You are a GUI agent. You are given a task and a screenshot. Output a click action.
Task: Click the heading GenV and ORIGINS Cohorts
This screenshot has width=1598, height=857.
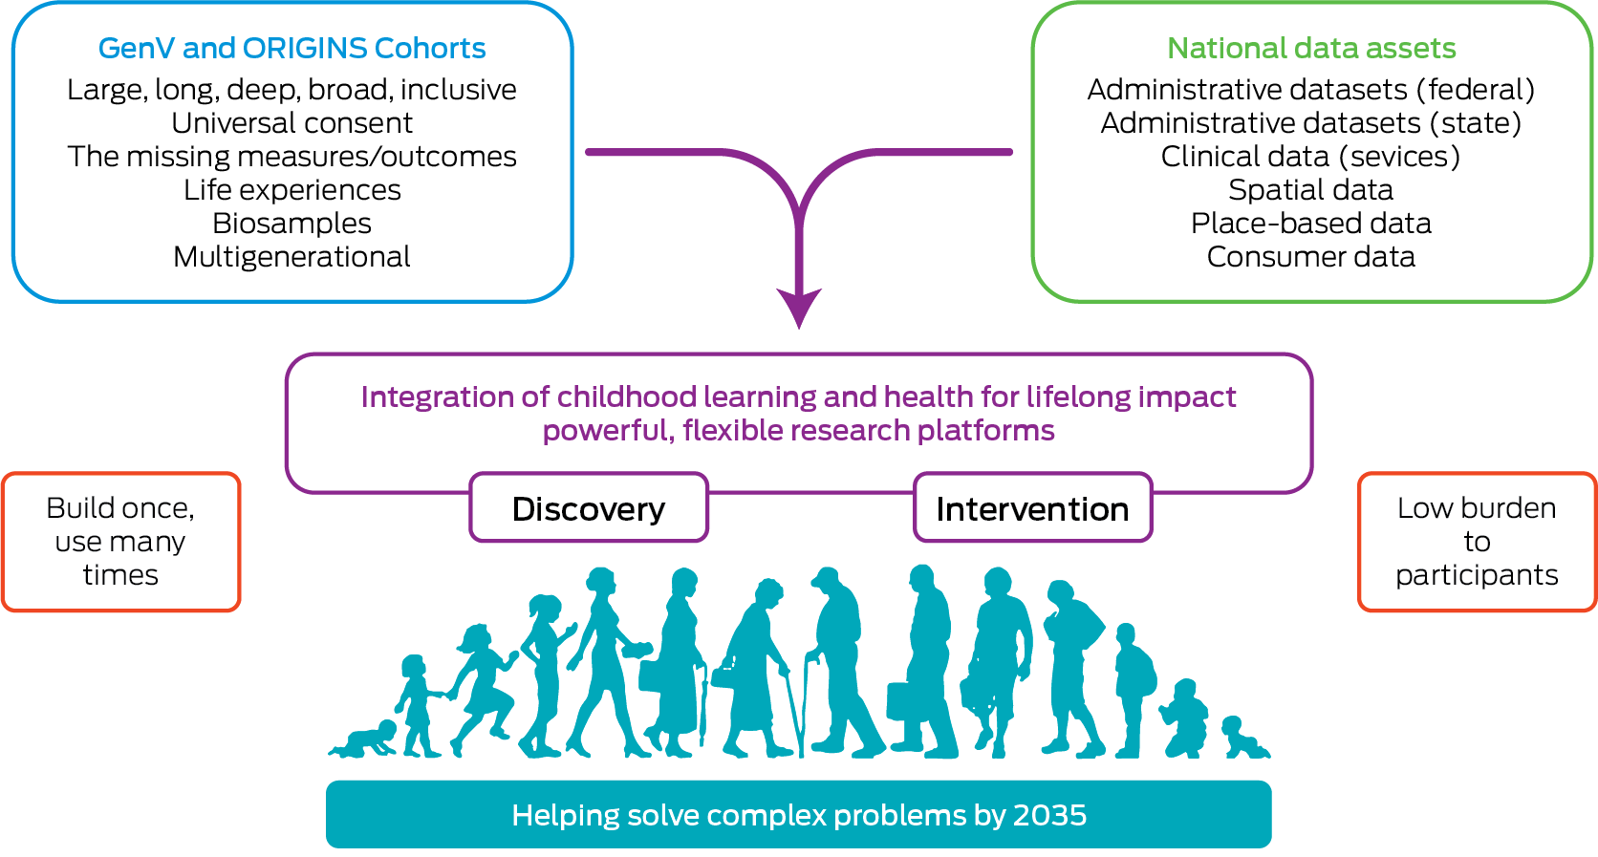pos(292,48)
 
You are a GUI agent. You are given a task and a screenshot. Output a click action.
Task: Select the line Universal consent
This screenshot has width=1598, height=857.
pos(292,123)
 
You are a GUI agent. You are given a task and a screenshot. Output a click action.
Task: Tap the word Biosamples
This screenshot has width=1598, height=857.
pos(292,224)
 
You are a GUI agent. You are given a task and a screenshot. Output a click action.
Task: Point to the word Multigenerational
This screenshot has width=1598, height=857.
pos(292,257)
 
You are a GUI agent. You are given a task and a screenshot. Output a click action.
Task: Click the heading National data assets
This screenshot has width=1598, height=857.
pos(1311,48)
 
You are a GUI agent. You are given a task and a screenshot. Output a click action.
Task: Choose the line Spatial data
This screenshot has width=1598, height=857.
pos(1310,190)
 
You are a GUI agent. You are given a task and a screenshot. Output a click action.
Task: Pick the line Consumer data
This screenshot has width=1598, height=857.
pos(1310,257)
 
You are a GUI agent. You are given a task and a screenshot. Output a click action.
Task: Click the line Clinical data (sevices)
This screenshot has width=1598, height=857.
pos(1310,157)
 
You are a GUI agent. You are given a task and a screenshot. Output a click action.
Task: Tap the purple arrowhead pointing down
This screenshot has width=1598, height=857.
pos(799,308)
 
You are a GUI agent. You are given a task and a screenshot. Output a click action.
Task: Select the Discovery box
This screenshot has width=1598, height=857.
pos(589,508)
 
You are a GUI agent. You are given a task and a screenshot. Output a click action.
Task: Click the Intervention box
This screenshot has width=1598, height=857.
pos(1032,508)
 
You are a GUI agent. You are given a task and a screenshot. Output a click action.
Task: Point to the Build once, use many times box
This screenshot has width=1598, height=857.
pos(120,542)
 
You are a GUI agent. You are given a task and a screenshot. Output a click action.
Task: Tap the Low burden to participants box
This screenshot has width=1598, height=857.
pos(1477,542)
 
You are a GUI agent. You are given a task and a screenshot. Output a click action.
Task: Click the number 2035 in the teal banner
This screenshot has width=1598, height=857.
pos(1049,815)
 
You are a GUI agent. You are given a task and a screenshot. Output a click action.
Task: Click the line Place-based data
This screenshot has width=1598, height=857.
pos(1310,224)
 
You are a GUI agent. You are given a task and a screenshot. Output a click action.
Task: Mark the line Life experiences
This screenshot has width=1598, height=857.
pos(292,190)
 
